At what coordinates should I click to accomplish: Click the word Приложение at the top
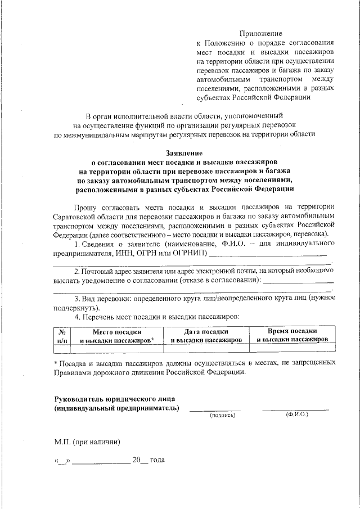click(x=261, y=34)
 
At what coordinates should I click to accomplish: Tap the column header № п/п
click(x=62, y=336)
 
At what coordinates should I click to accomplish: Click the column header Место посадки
click(x=116, y=332)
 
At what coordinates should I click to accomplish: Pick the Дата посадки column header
click(x=206, y=332)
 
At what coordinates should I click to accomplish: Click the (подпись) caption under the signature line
click(x=222, y=415)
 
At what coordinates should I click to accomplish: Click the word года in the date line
click(x=157, y=460)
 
